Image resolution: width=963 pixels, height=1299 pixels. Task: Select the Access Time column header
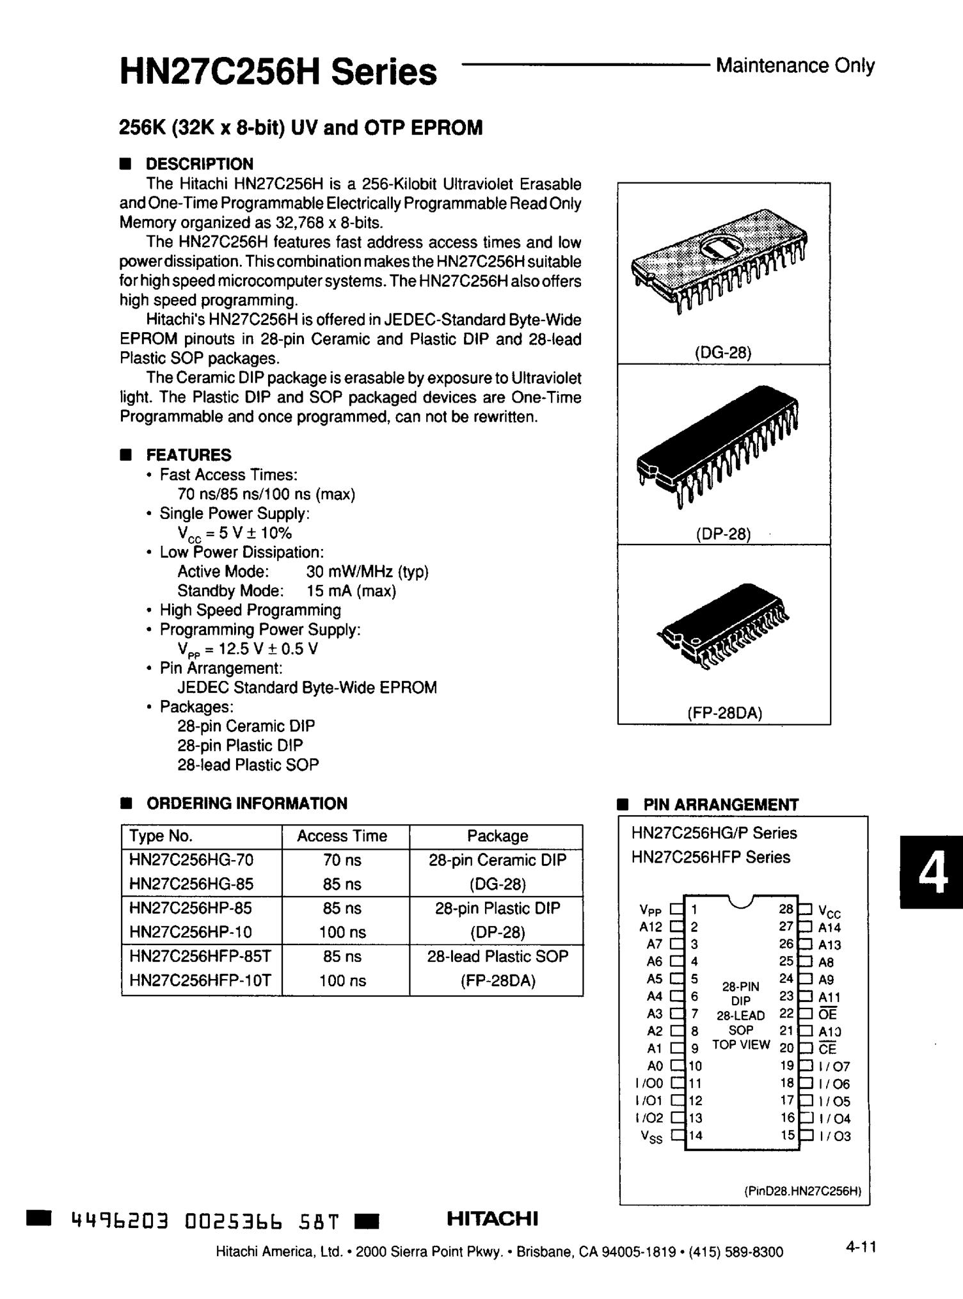coord(342,836)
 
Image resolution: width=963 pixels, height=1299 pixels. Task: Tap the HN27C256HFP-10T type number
coord(200,980)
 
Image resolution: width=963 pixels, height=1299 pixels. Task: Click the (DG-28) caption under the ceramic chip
coord(722,352)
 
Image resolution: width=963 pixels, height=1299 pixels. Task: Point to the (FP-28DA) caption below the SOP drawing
coord(724,713)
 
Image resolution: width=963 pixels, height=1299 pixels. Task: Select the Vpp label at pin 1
coord(650,910)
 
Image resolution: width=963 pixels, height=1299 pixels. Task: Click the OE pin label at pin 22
coord(827,1014)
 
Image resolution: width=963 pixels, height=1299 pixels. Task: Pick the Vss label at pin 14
coord(651,1137)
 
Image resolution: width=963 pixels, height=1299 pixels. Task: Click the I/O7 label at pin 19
coord(834,1067)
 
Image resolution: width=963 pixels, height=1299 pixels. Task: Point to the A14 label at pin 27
coord(829,927)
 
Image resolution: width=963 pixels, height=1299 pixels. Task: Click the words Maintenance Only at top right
coord(795,65)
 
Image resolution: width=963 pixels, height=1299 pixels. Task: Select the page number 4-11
coord(860,1247)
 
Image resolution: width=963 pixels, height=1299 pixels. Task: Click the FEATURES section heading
coord(189,455)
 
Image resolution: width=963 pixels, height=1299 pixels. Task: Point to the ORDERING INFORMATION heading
coord(246,803)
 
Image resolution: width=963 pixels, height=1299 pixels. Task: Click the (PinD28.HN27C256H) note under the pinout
coord(802,1191)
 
